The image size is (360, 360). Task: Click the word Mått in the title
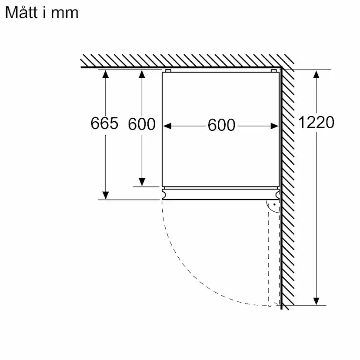click(21, 13)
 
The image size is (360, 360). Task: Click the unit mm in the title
click(64, 14)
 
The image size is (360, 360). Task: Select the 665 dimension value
click(104, 123)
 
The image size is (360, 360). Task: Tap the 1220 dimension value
click(316, 122)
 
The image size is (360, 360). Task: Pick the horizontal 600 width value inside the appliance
click(222, 125)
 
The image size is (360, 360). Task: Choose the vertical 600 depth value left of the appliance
click(142, 124)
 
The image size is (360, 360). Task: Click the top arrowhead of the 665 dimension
click(105, 74)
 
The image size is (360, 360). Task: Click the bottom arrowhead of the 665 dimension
click(106, 195)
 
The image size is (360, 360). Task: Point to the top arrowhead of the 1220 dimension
click(316, 74)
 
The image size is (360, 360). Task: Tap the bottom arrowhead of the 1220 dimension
click(316, 301)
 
